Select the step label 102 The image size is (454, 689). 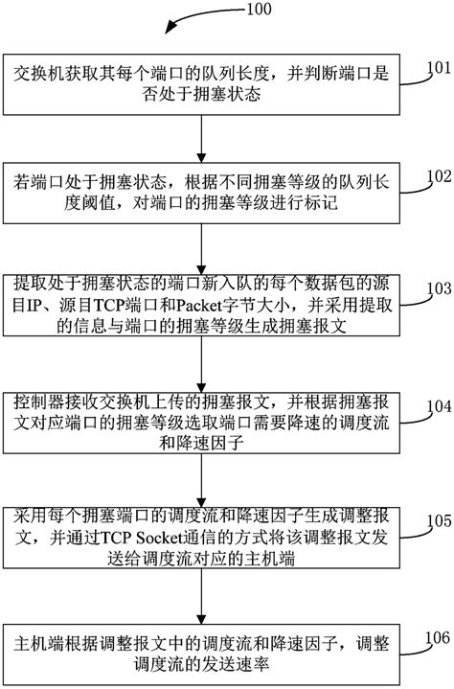pos(438,176)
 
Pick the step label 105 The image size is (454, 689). pos(438,522)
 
